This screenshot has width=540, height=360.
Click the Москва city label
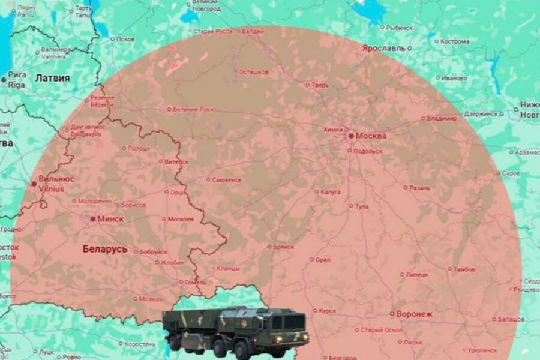tap(371, 136)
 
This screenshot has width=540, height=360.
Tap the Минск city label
tap(111, 220)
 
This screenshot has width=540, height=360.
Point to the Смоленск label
tap(227, 179)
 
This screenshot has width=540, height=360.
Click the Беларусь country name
tap(105, 249)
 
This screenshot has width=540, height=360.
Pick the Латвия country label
tap(52, 78)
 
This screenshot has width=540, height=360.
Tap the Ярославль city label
tap(383, 47)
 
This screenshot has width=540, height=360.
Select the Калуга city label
tap(331, 192)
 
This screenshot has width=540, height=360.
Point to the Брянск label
tap(283, 247)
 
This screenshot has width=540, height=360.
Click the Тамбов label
tap(464, 269)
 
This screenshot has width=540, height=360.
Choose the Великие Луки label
tap(193, 109)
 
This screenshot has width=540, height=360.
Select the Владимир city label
tap(442, 119)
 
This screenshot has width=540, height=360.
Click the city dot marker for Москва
tap(351, 136)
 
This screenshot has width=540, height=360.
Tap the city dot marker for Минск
tap(92, 220)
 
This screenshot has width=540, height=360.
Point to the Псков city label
tap(125, 40)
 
